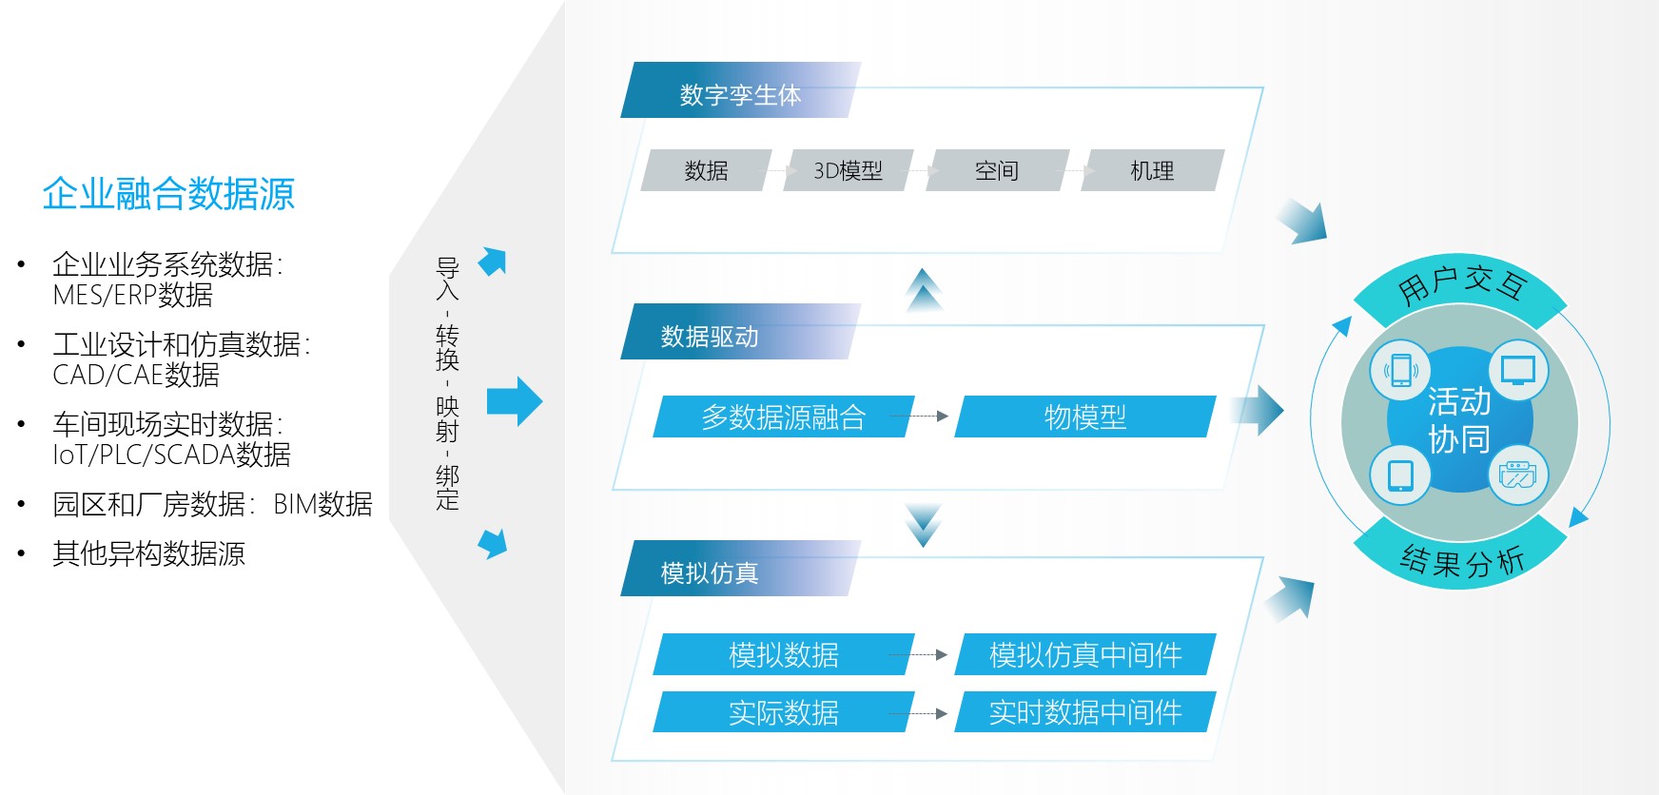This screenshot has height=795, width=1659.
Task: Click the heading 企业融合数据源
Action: click(168, 194)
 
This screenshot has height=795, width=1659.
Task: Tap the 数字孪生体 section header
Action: click(740, 90)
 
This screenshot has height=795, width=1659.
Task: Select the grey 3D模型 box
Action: click(848, 170)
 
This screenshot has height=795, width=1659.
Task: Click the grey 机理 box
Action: click(1152, 170)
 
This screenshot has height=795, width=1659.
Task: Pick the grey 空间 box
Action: click(997, 170)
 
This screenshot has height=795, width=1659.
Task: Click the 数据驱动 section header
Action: click(740, 332)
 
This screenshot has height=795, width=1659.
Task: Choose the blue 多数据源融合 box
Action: click(784, 417)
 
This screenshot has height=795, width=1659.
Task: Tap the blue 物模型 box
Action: click(1085, 417)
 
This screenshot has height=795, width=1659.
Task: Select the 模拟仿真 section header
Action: click(740, 569)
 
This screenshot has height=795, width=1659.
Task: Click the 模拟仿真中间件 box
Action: click(1085, 654)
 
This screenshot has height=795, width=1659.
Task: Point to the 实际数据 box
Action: click(784, 711)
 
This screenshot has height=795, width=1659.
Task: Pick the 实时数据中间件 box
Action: click(1085, 711)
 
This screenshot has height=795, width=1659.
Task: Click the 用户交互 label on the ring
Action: click(1461, 283)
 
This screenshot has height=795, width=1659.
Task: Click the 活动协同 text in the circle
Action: click(1459, 419)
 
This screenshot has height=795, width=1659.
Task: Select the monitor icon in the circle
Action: click(1518, 370)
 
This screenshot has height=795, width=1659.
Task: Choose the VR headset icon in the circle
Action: click(1517, 474)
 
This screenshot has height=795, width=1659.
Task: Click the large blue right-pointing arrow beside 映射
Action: click(515, 401)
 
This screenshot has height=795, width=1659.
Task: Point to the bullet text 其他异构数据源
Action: click(149, 553)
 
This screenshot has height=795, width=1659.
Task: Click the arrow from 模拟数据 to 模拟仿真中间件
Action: click(918, 654)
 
